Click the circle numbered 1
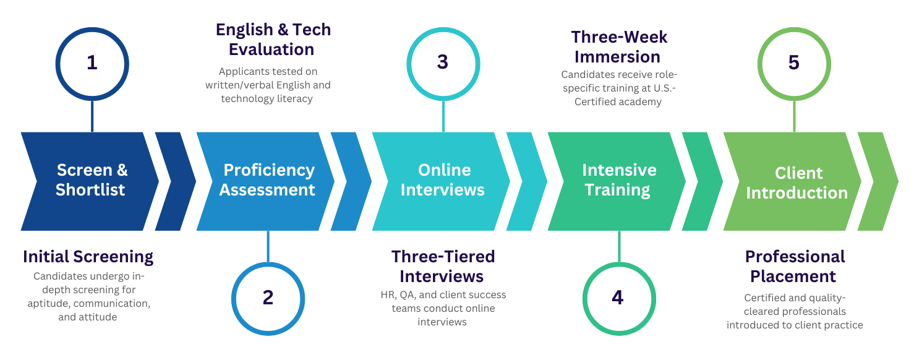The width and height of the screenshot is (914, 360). coord(92,63)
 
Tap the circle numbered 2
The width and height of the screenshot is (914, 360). coord(268,298)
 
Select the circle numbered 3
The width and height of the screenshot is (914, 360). coord(443,62)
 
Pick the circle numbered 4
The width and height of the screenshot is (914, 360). coord(618,298)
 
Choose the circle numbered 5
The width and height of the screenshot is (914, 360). coord(794,63)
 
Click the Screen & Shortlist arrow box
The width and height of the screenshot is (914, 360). coord(91,181)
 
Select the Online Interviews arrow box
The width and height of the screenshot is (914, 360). coord(442,181)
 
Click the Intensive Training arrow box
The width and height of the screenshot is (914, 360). coord(618,181)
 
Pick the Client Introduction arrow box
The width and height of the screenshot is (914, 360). coord(795,182)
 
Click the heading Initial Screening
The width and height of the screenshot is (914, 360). coord(88,257)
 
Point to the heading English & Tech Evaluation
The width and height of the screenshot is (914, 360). coord(272,39)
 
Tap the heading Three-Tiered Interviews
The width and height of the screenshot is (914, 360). coord(442,266)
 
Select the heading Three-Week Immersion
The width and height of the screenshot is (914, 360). coord(618,46)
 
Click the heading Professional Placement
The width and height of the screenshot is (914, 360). coord(794,266)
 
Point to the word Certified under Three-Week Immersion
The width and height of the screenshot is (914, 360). coord(596,102)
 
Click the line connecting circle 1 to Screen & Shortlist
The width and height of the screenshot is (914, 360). coord(92,116)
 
